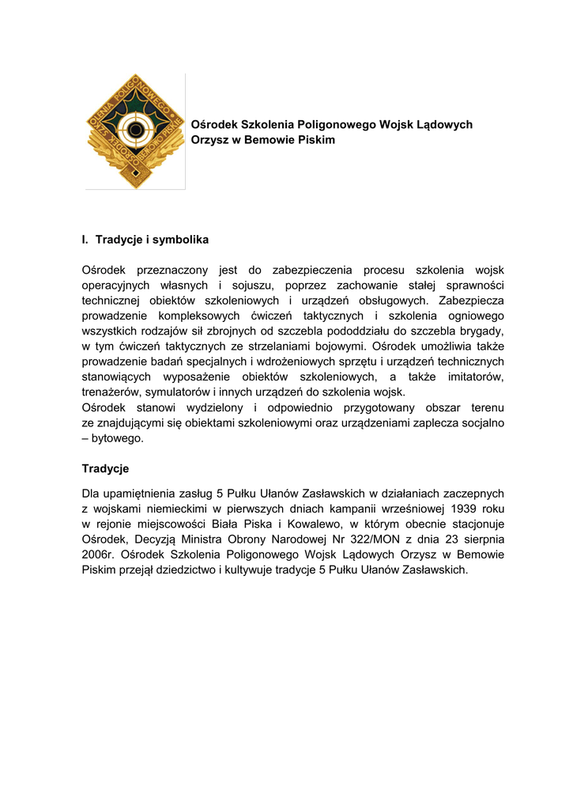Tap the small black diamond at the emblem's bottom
(x=136, y=172)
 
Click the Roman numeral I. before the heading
(x=85, y=239)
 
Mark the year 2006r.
(x=99, y=555)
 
